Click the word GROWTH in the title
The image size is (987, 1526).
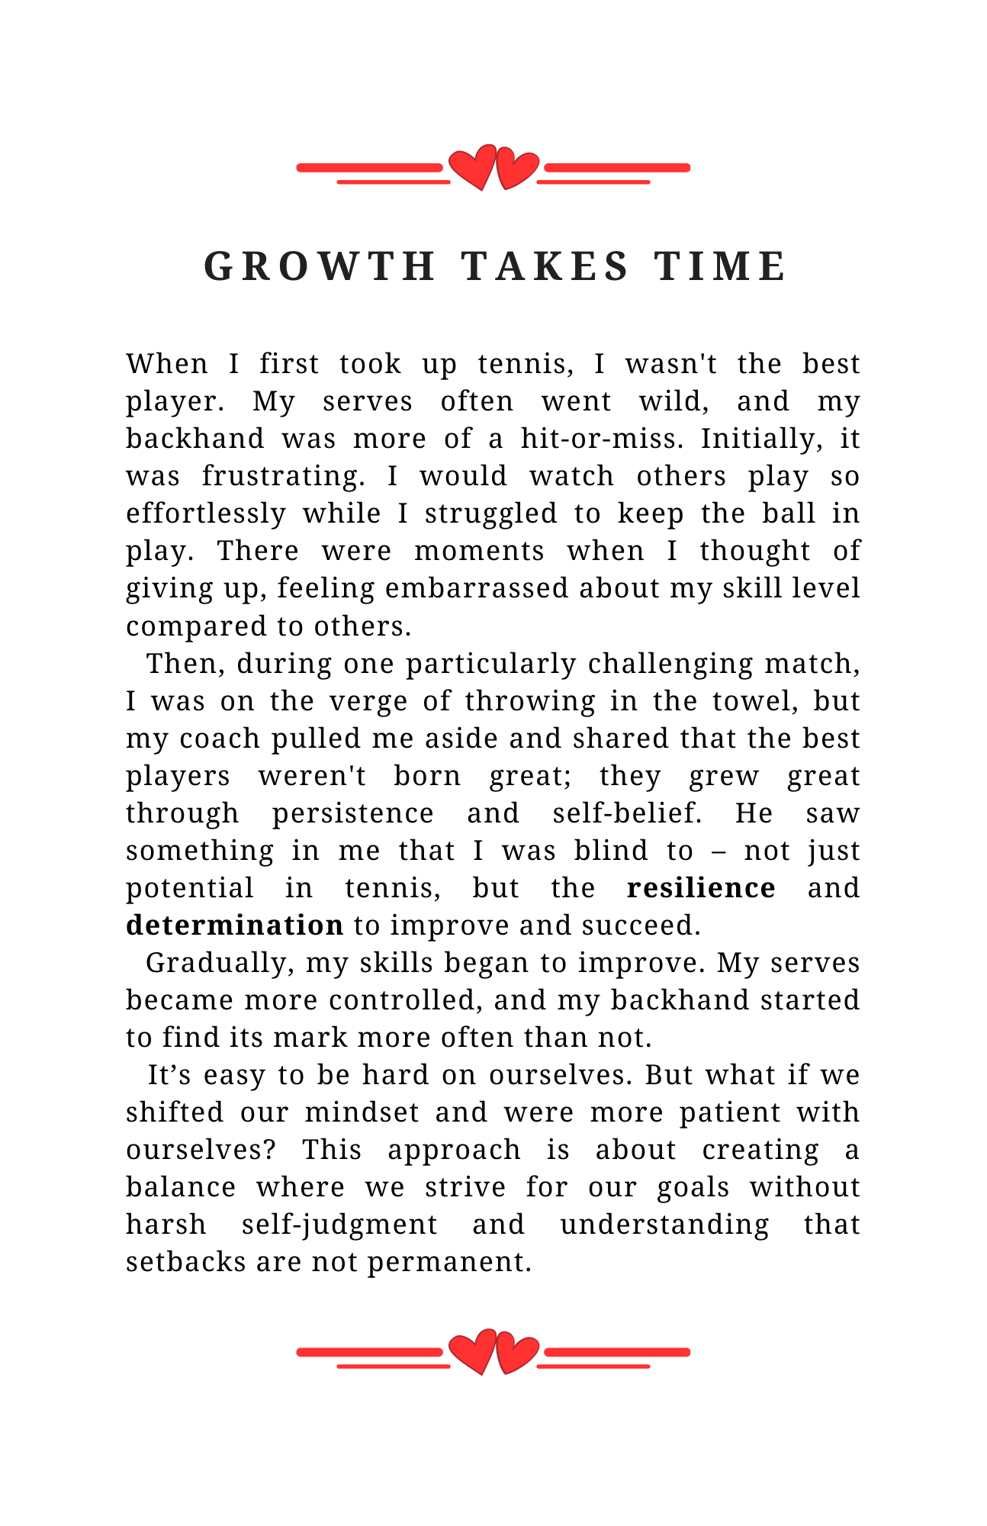pos(320,266)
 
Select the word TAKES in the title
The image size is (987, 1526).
pos(545,266)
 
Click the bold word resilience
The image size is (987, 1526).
pos(701,888)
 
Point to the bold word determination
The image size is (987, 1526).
pos(234,926)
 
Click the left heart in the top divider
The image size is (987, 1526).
pos(473,167)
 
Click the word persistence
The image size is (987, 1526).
pos(353,813)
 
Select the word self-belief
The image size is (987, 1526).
pos(626,813)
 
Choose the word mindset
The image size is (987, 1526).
pos(362,1112)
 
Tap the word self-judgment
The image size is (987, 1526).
pos(339,1225)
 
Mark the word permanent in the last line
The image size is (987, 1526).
pos(448,1262)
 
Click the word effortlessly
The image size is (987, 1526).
pos(205,513)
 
